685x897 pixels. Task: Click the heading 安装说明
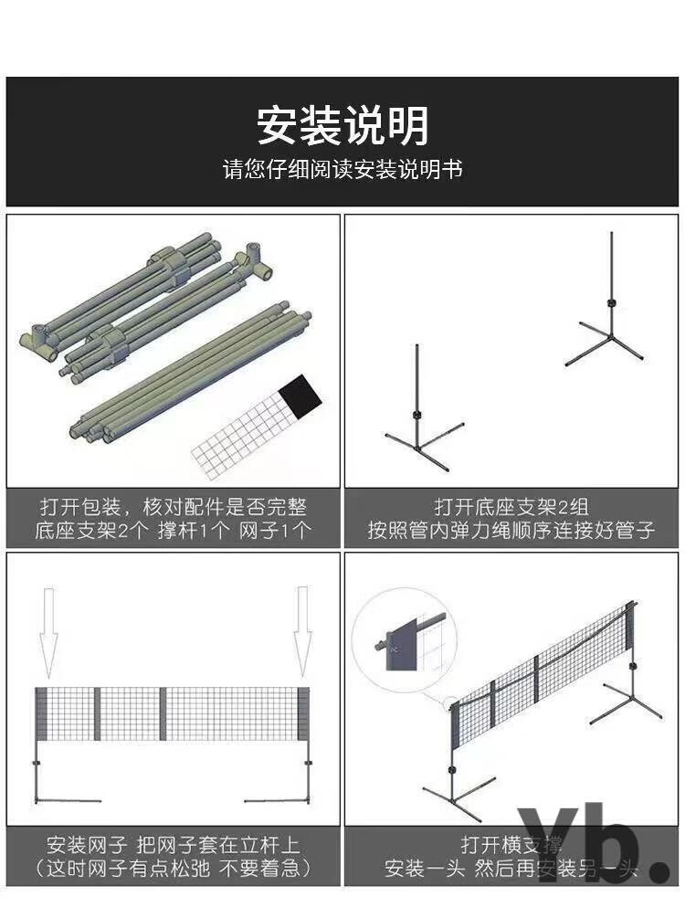point(342,126)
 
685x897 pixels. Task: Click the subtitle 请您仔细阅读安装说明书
point(342,170)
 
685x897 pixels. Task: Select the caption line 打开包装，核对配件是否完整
point(173,506)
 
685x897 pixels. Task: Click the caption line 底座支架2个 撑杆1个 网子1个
point(173,530)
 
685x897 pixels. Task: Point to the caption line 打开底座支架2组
point(511,506)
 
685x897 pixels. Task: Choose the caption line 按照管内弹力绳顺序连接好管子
point(511,530)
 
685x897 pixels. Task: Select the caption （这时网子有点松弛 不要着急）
point(173,867)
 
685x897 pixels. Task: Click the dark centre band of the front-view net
point(163,712)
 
